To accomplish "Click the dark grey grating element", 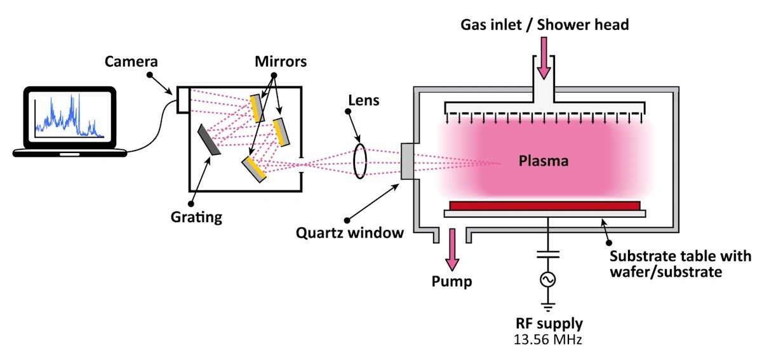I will tap(209, 140).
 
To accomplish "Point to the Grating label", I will tap(196, 217).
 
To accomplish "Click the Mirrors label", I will tap(280, 62).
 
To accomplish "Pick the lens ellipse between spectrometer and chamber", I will tap(360, 161).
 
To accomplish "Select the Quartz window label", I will tap(350, 232).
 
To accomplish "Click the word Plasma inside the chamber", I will tap(543, 161).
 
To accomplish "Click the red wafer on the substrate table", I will tap(544, 206).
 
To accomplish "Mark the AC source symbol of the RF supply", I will tap(544, 279).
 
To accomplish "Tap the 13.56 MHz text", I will tap(547, 340).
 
